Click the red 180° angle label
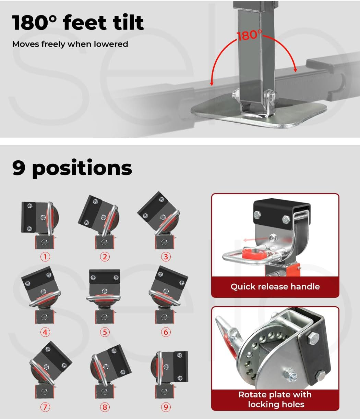coord(249,35)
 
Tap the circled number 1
coord(45,257)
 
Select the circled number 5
coord(105,332)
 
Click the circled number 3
coord(166,257)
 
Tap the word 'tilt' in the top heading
coord(128,22)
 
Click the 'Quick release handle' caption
coord(275,287)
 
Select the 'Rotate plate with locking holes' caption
coord(275,399)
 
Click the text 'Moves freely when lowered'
coord(70,44)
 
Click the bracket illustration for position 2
coord(99,222)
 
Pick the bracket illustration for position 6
coord(168,295)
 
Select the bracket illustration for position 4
coord(41,295)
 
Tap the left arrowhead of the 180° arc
coord(212,84)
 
